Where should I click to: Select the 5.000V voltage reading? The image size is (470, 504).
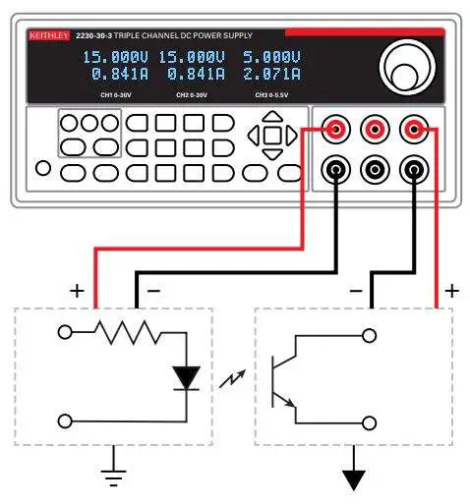pyautogui.click(x=271, y=57)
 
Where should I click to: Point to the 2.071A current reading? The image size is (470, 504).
pyautogui.click(x=271, y=74)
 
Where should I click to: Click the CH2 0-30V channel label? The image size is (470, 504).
pyautogui.click(x=194, y=95)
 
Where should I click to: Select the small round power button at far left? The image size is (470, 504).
pyautogui.click(x=42, y=168)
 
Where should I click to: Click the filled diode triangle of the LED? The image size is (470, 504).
pyautogui.click(x=184, y=376)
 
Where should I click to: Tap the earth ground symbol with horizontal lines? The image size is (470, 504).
pyautogui.click(x=116, y=475)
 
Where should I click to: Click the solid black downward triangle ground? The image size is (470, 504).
pyautogui.click(x=353, y=479)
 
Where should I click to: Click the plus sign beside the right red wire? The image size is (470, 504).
pyautogui.click(x=451, y=291)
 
